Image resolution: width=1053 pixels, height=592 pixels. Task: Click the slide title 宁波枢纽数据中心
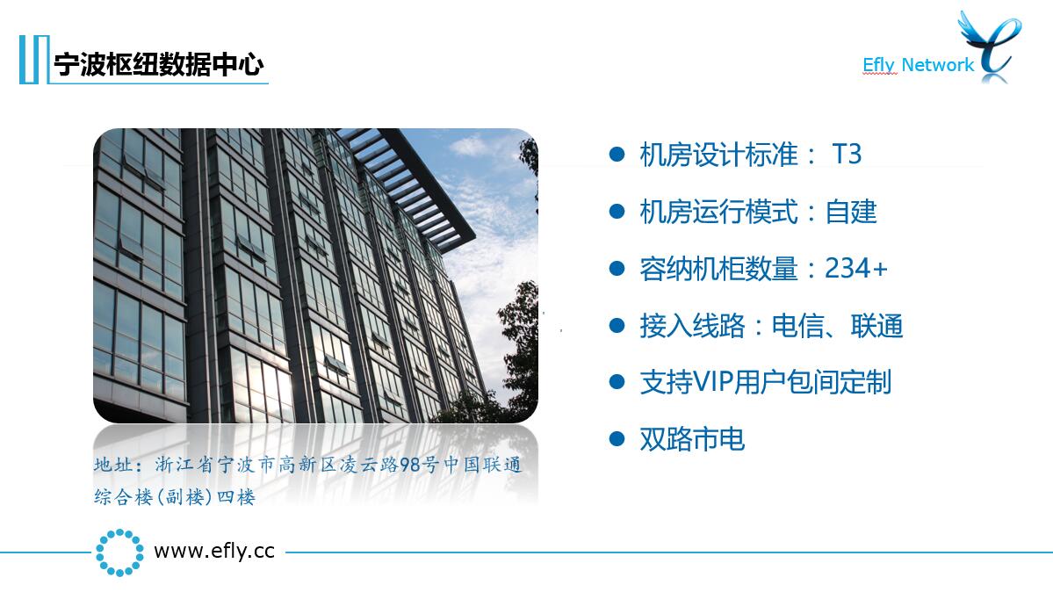coord(158,64)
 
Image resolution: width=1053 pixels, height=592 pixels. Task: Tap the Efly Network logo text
coord(918,64)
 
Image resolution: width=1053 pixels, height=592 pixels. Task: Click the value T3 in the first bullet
coord(846,155)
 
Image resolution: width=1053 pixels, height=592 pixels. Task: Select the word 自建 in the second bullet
coord(851,213)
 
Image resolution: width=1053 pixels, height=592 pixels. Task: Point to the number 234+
coord(856,269)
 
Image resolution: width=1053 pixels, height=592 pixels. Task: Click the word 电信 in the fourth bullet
coord(797,326)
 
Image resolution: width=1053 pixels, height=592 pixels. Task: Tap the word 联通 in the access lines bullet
coord(877,326)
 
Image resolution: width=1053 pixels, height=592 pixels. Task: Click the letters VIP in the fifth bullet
coord(712,382)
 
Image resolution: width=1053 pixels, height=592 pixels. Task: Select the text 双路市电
coord(692,439)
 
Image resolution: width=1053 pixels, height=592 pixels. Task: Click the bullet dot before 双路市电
coord(617,439)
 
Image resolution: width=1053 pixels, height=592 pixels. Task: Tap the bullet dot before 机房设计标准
coord(617,155)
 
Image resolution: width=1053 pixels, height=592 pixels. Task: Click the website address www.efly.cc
coord(214,552)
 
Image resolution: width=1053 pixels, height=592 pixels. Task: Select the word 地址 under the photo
coord(112,465)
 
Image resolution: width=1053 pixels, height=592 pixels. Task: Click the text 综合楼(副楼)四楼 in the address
coord(175,497)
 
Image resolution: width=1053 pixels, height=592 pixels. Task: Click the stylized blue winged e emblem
coord(992,46)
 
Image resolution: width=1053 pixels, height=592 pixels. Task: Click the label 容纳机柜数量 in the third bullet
coord(718,269)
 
